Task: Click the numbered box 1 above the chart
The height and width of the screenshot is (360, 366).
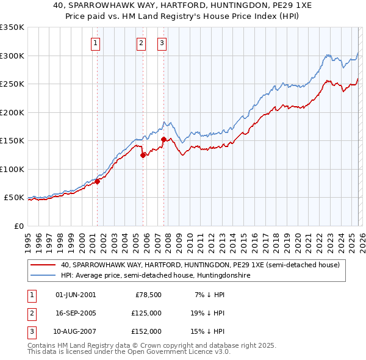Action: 96,43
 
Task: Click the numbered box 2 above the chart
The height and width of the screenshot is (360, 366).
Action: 141,43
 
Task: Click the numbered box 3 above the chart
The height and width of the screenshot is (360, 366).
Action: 162,43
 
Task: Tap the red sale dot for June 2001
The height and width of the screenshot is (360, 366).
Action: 97,181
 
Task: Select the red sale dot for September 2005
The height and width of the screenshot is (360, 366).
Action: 143,155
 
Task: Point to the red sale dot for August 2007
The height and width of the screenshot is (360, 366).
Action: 163,139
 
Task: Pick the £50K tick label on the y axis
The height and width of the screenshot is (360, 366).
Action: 14,198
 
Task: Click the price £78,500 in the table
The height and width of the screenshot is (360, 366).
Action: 148,295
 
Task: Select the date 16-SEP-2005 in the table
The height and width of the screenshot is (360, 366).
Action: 76,313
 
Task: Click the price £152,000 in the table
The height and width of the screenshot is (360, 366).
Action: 146,331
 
